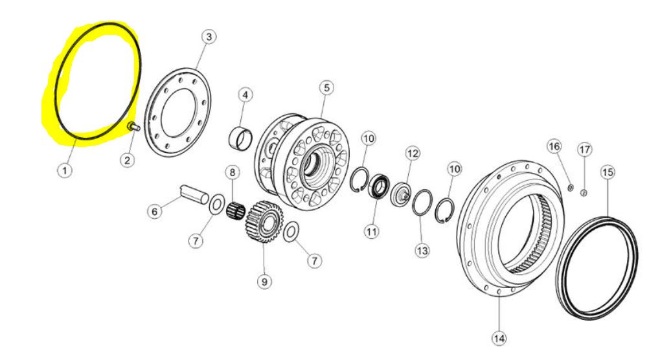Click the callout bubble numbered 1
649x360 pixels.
click(x=65, y=170)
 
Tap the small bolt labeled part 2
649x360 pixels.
click(x=134, y=126)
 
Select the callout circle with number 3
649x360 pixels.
click(x=209, y=37)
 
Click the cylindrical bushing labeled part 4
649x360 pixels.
click(x=240, y=138)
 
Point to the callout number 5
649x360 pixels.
click(x=326, y=87)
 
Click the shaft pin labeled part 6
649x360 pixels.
click(x=194, y=194)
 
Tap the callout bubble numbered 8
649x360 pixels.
click(x=232, y=172)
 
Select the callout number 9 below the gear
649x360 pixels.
click(x=264, y=282)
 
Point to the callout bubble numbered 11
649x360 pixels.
click(x=371, y=231)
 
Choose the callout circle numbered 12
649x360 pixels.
click(x=413, y=154)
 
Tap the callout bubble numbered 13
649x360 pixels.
click(x=422, y=251)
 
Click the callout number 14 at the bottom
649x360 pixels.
click(x=499, y=339)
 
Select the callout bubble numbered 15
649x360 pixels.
click(x=608, y=172)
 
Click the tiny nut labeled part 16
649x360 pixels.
click(x=570, y=188)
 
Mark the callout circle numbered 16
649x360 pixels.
click(x=554, y=146)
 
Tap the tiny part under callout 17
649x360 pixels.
click(x=583, y=192)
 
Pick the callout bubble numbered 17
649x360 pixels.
click(x=584, y=150)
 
